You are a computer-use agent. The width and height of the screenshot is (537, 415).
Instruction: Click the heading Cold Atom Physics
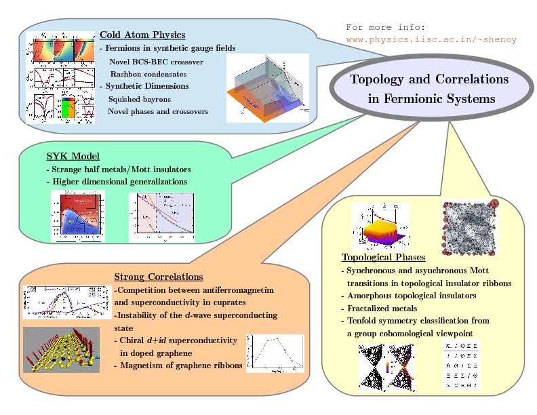[x=142, y=35]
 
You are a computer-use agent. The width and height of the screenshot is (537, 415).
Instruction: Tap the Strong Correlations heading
[x=159, y=277]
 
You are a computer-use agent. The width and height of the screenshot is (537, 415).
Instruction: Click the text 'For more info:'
[x=385, y=27]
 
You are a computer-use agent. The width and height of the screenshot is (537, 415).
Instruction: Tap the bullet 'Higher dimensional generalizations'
[x=116, y=181]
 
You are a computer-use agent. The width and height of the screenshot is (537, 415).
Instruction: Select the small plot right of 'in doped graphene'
[x=275, y=353]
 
